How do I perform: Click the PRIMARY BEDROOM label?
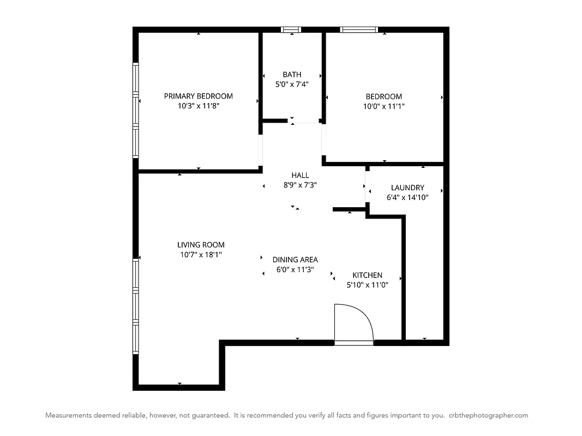[198, 96]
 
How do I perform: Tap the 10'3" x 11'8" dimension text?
[198, 106]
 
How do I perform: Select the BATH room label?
[292, 74]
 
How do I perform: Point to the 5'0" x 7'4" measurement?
[292, 84]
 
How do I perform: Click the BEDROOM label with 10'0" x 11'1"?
[383, 96]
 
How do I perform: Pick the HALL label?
[300, 175]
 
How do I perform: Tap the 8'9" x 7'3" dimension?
[300, 185]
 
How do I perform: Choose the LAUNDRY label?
[407, 187]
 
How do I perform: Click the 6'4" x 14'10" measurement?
[407, 198]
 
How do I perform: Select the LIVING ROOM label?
[201, 245]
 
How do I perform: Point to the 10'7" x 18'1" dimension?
[201, 255]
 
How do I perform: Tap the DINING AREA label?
[295, 259]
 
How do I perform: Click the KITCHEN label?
[367, 275]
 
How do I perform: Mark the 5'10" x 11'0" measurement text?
[367, 285]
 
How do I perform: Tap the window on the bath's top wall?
[291, 29]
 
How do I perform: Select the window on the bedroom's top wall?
[358, 29]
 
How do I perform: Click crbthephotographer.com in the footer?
[488, 415]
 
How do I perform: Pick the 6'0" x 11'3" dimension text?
[295, 269]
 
